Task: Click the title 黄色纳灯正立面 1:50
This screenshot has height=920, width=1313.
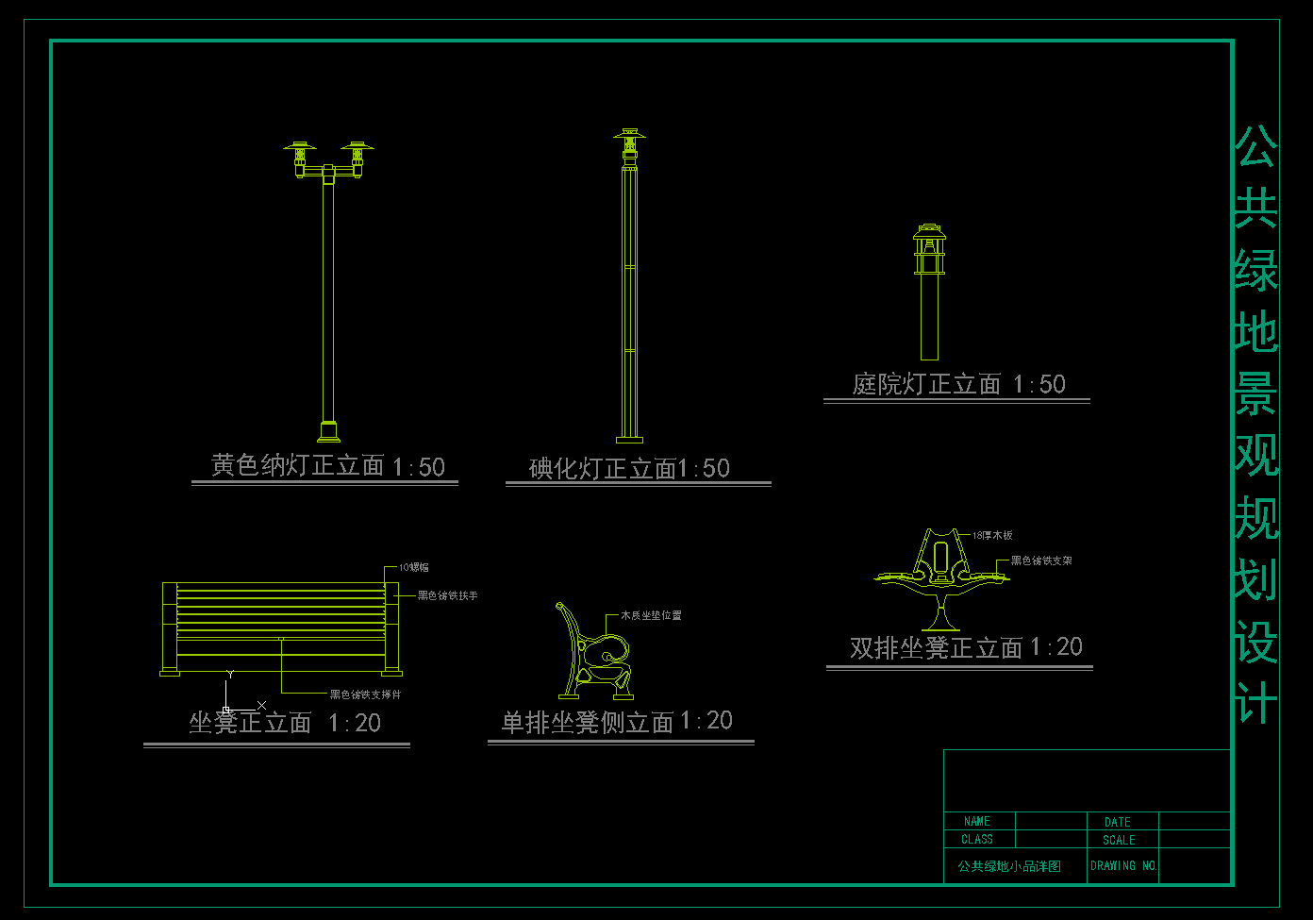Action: point(327,466)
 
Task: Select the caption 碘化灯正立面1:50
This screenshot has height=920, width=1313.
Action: point(629,468)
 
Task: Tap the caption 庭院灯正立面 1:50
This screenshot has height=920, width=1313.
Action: point(958,384)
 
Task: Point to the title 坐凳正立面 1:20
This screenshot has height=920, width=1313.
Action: point(285,723)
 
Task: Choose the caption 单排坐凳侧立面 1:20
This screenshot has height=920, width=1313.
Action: point(617,722)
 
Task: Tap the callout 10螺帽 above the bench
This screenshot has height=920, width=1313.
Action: point(413,567)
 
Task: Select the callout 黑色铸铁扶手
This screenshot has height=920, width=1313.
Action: point(447,596)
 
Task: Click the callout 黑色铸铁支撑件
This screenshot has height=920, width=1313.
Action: point(365,694)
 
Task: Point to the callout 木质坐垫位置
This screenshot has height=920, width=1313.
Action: point(651,615)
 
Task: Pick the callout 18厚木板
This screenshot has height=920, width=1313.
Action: point(992,535)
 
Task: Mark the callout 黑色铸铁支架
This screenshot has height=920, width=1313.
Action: point(1041,560)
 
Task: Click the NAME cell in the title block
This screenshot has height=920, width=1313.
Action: point(977,822)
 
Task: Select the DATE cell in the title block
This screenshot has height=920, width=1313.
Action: point(1118,822)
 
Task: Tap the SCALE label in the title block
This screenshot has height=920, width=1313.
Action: point(1119,840)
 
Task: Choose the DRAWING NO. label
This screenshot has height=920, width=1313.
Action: point(1123,865)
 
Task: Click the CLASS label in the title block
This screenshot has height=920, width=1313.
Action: point(977,839)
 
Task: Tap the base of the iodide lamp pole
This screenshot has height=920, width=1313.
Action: point(629,438)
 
